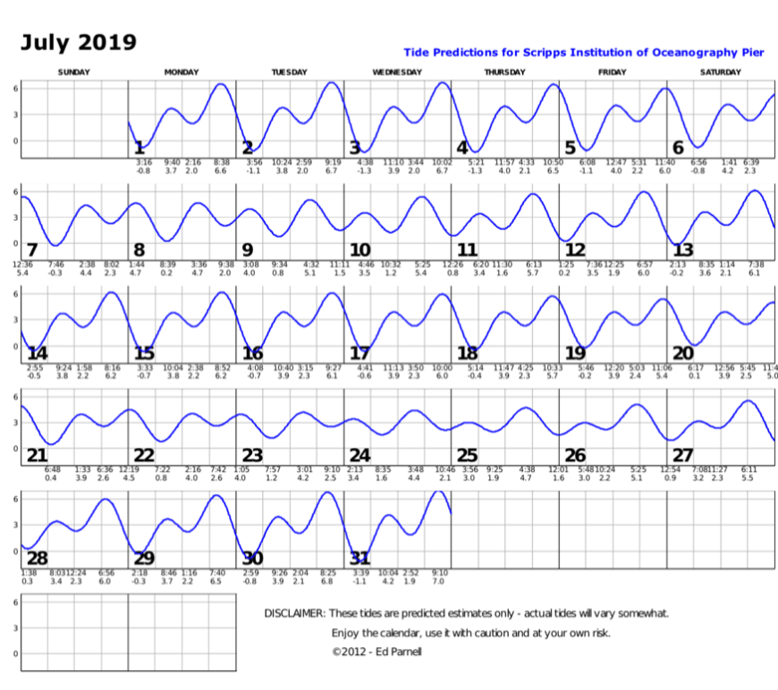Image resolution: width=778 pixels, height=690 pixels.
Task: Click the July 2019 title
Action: (x=79, y=42)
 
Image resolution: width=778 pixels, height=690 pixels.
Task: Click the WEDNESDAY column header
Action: (x=397, y=72)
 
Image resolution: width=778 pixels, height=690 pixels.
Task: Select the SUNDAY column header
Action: (x=74, y=72)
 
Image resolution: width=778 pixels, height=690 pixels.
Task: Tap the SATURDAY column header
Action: (x=720, y=72)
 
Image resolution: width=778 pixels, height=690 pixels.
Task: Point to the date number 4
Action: (x=462, y=147)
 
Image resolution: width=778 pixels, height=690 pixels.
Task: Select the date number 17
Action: (x=359, y=353)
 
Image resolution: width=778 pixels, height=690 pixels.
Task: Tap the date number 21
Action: (x=36, y=456)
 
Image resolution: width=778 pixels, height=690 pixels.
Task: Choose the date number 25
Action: (x=468, y=456)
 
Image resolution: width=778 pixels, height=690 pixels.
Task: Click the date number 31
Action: (x=359, y=558)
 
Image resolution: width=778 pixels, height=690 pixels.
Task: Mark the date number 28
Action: (x=36, y=558)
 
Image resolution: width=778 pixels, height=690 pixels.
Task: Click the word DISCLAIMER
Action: (x=294, y=613)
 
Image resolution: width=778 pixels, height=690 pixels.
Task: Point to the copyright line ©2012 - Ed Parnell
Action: (x=376, y=652)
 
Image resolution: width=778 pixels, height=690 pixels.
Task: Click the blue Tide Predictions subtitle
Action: (x=584, y=53)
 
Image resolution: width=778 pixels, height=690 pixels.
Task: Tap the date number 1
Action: (x=139, y=147)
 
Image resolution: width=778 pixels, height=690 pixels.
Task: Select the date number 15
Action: (x=144, y=353)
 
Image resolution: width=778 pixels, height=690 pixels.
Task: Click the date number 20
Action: (x=682, y=353)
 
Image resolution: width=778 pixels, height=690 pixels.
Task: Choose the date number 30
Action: (x=252, y=558)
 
